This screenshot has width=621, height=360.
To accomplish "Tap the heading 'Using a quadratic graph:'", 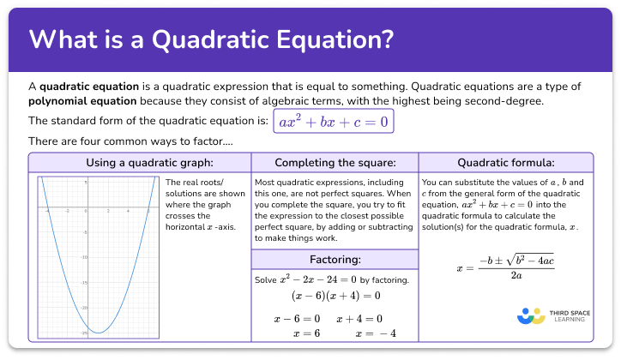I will pyautogui.click(x=140, y=163).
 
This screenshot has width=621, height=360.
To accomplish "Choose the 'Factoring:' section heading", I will pyautogui.click(x=334, y=259).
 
